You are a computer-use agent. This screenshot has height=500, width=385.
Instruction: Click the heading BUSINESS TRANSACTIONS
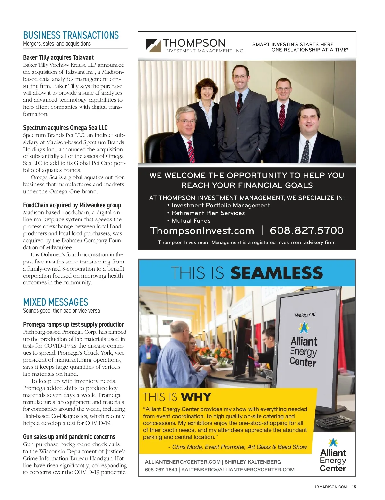click(71, 35)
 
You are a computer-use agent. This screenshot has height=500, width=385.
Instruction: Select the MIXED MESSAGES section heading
click(56, 302)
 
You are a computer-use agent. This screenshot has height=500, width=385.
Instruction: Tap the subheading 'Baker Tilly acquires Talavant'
click(58, 57)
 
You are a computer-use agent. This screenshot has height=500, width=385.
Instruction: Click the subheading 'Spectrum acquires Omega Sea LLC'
click(65, 128)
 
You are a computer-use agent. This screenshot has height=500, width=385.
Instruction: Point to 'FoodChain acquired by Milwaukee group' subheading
click(72, 205)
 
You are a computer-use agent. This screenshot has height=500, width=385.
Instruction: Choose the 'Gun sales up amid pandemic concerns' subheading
click(69, 437)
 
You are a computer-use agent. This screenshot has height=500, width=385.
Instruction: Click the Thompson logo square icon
click(153, 45)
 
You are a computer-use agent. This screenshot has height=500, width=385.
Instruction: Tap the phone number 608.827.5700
click(306, 230)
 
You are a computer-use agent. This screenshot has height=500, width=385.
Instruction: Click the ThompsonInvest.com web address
click(202, 230)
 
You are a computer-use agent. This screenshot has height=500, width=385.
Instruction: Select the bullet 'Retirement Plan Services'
click(208, 213)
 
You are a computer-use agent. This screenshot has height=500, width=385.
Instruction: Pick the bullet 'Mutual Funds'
click(191, 221)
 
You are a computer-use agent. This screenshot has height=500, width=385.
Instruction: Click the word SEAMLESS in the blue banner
click(276, 273)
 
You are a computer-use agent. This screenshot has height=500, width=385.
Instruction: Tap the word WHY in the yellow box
click(196, 397)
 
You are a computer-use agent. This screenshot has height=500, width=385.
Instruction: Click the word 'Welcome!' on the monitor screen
click(305, 315)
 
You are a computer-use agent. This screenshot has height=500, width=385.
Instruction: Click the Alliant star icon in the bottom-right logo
click(333, 443)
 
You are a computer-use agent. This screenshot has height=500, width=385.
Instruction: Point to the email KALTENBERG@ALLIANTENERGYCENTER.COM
click(238, 470)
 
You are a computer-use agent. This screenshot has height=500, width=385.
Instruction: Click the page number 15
click(354, 487)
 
